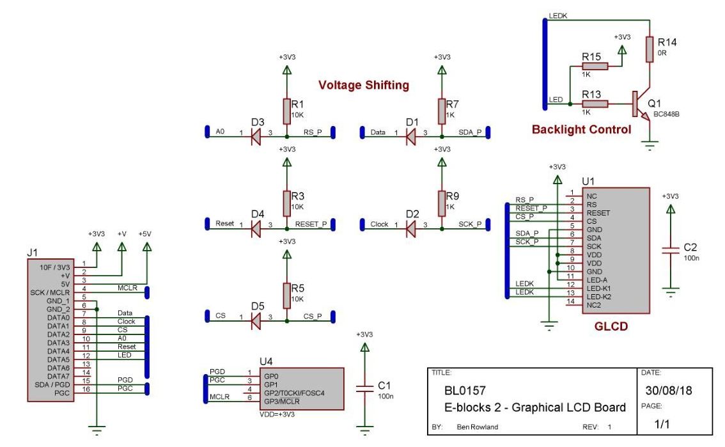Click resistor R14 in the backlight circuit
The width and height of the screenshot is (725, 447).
pyautogui.click(x=650, y=48)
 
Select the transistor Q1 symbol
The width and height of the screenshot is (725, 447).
pyautogui.click(x=641, y=104)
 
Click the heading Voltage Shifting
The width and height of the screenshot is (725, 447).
pyautogui.click(x=363, y=85)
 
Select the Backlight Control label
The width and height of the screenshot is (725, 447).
pyautogui.click(x=581, y=130)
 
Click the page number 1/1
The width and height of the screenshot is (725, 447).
pyautogui.click(x=664, y=423)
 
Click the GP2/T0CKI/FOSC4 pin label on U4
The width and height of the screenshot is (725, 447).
pyautogui.click(x=294, y=391)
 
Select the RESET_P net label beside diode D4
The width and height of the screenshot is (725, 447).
pyautogui.click(x=312, y=224)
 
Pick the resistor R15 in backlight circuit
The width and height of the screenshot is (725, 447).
pyautogui.click(x=594, y=66)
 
